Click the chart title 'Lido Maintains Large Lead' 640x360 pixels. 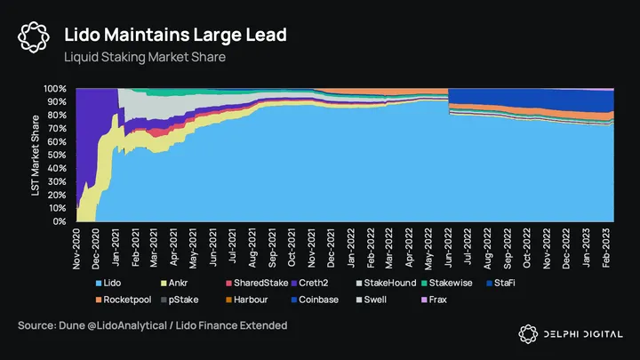pyautogui.click(x=174, y=36)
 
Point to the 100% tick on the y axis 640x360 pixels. pyautogui.click(x=55, y=89)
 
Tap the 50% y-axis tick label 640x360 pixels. pyautogui.click(x=58, y=155)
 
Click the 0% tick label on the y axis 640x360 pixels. pyautogui.click(x=60, y=221)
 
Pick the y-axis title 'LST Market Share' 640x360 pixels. pyautogui.click(x=36, y=155)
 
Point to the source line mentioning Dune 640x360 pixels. pyautogui.click(x=152, y=326)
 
